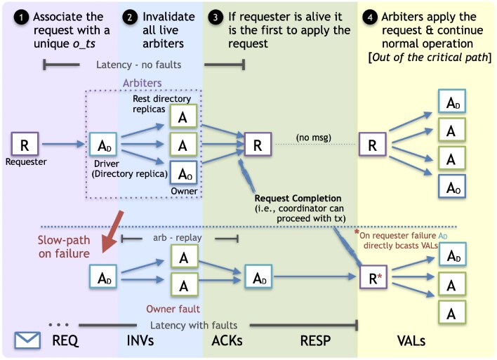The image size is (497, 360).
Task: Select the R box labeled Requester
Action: coord(25,145)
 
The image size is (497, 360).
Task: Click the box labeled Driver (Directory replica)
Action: coord(102,146)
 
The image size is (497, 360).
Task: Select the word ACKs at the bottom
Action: coord(228,341)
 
